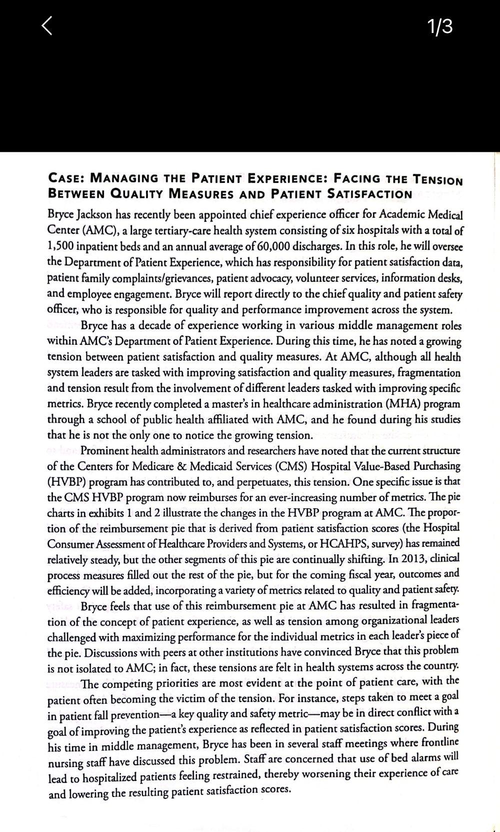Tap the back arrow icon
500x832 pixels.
coord(46,26)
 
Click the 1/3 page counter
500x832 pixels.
coord(439,26)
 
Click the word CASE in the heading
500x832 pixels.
coord(65,178)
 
